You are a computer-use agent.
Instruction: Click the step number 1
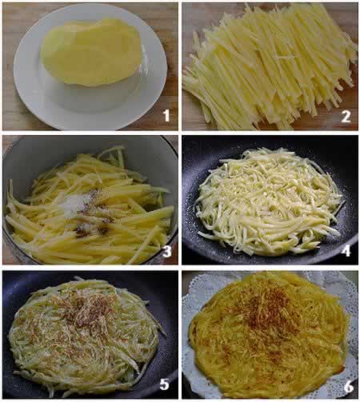[166, 116]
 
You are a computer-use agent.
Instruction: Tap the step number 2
[346, 117]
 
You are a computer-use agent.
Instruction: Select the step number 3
[166, 252]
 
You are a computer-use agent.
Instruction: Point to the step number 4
[346, 251]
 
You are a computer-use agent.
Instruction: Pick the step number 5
[164, 384]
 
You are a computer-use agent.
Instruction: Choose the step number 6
[349, 387]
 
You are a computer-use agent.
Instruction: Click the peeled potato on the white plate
[90, 52]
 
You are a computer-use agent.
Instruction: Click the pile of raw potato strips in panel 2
[270, 66]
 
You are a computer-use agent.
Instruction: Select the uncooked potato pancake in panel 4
[270, 201]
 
